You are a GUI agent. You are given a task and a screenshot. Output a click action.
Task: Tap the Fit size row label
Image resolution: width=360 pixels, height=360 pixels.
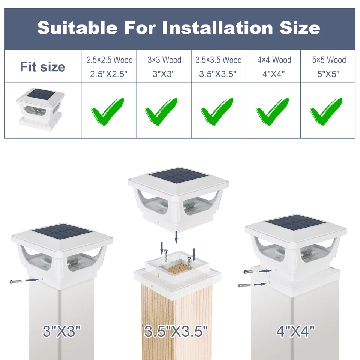click(x=43, y=67)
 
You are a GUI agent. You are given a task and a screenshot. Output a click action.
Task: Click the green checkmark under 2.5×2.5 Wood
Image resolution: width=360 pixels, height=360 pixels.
click(x=108, y=111)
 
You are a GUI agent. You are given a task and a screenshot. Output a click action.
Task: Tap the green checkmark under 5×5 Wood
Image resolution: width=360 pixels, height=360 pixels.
click(x=326, y=111)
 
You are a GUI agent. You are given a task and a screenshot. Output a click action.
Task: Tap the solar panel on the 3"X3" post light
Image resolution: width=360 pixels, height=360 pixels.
click(x=62, y=233)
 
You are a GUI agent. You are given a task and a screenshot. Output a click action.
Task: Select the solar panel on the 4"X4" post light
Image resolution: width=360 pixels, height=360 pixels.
click(x=296, y=223)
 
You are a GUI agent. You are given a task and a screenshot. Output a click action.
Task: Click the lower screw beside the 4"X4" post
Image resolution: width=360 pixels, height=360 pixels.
click(x=244, y=285)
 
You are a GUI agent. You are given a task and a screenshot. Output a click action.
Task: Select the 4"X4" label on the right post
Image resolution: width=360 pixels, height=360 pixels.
click(x=295, y=331)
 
